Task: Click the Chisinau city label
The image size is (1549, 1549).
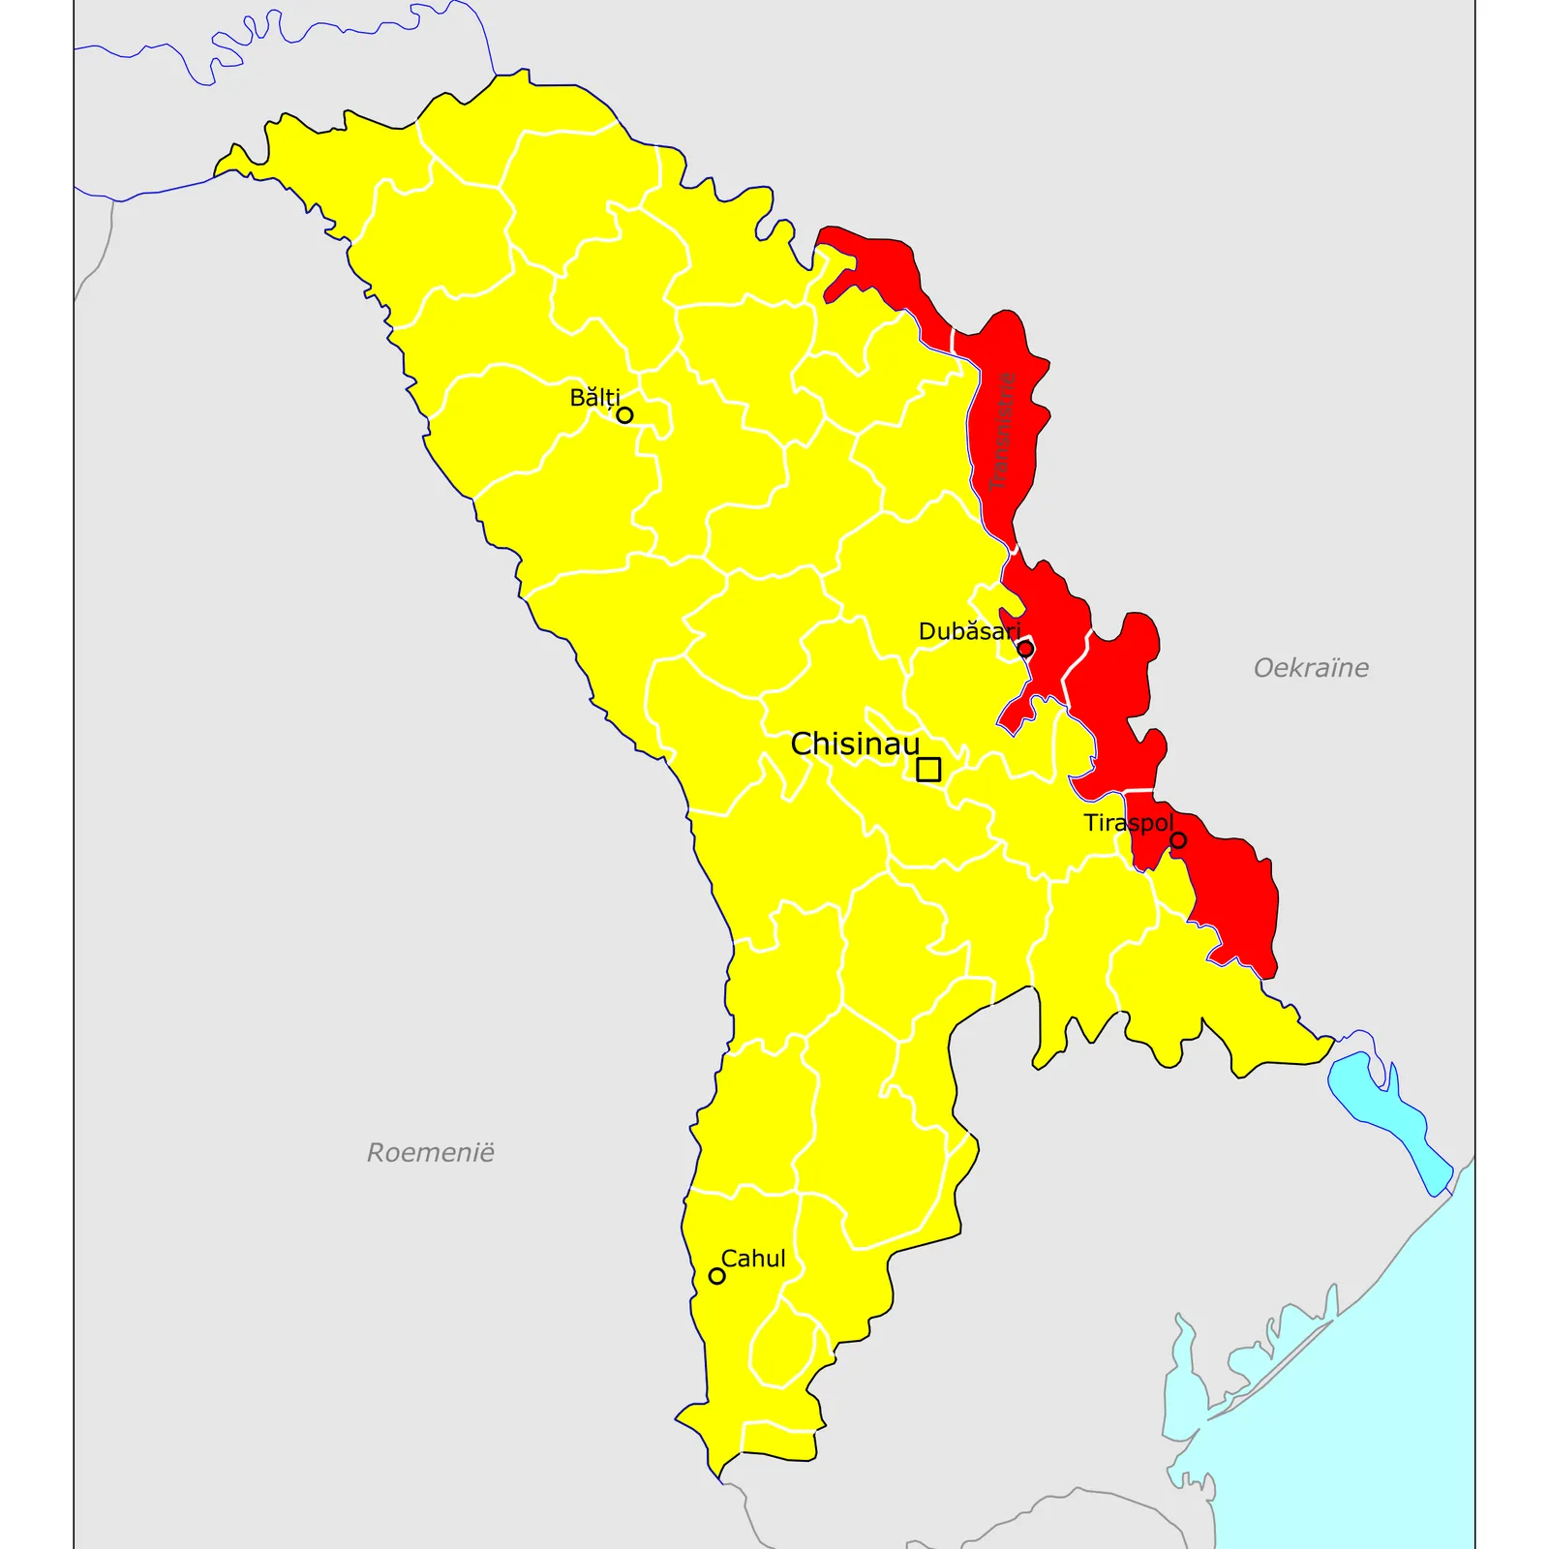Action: pyautogui.click(x=854, y=744)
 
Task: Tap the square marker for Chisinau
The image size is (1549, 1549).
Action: pyautogui.click(x=928, y=770)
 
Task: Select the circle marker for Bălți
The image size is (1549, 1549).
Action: pyautogui.click(x=625, y=415)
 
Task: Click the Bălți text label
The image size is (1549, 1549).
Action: pyautogui.click(x=594, y=398)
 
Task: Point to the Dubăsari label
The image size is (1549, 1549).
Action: pyautogui.click(x=969, y=632)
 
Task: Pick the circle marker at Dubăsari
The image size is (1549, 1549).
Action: pyautogui.click(x=1025, y=649)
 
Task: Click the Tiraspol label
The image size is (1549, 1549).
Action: pyautogui.click(x=1128, y=823)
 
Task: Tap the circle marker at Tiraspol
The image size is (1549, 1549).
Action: pyautogui.click(x=1178, y=840)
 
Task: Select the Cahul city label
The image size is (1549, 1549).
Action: pyautogui.click(x=753, y=1259)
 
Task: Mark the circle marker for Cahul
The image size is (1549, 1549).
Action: pyautogui.click(x=717, y=1276)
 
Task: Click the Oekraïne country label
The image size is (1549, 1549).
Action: pyautogui.click(x=1311, y=668)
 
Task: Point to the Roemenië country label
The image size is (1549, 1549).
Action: pyautogui.click(x=431, y=1152)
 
